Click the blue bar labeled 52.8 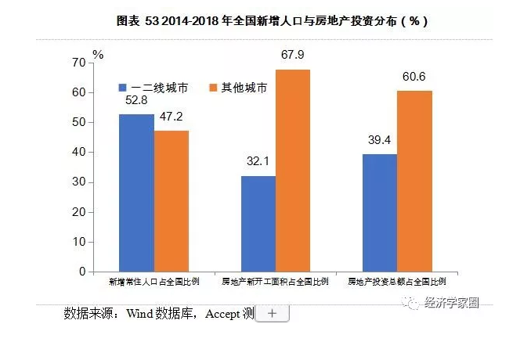(136, 193)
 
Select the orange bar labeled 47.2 (172, 201)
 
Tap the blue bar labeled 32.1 (258, 224)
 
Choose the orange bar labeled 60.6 (414, 181)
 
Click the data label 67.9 (293, 56)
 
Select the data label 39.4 (380, 141)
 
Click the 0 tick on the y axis (81, 272)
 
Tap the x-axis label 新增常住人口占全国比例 (153, 281)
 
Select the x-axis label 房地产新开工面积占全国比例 (275, 281)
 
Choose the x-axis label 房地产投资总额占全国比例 (396, 281)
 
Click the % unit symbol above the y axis (98, 54)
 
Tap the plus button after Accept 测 (272, 313)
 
